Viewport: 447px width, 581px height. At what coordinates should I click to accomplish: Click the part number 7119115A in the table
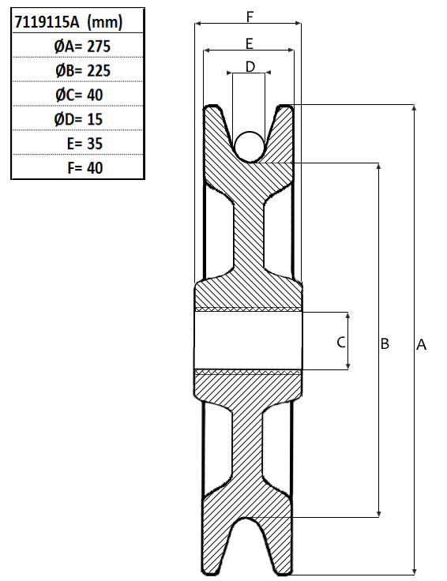pos(47,22)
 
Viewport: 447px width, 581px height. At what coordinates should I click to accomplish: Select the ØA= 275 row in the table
pos(82,47)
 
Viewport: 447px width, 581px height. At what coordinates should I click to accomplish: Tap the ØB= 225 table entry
pos(83,70)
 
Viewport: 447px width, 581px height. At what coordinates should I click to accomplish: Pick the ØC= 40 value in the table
pos(79,95)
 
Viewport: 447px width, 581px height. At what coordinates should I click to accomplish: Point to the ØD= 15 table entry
pos(78,119)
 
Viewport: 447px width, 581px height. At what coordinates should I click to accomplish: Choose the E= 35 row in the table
pos(85,144)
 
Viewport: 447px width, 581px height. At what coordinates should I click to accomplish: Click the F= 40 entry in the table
pos(85,168)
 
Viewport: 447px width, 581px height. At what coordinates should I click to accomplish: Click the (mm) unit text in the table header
pos(104,22)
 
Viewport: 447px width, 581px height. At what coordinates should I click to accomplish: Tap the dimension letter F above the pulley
pos(250,17)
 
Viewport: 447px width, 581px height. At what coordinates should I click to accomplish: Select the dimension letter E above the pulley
pos(250,43)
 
